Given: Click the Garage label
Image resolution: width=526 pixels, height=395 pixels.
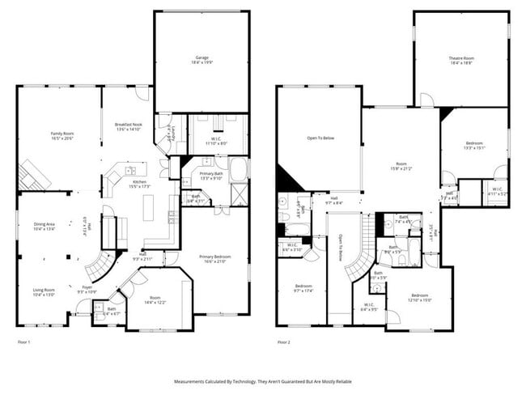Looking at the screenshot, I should (x=201, y=60).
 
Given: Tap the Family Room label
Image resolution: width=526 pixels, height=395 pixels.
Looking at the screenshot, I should (x=62, y=135).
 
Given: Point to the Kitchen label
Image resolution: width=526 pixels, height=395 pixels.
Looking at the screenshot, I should (x=140, y=185).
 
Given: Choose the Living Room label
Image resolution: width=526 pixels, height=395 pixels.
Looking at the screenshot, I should (x=44, y=292).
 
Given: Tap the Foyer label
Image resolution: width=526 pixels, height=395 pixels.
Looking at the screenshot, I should (x=86, y=289).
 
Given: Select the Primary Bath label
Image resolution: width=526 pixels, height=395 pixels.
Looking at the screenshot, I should (x=212, y=176).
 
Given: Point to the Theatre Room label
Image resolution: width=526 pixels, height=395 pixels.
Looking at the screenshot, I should (x=461, y=60).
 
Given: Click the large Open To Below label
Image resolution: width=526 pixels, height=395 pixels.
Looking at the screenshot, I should (x=320, y=138).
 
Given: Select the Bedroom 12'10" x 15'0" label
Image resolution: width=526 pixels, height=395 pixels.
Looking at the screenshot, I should (x=419, y=297).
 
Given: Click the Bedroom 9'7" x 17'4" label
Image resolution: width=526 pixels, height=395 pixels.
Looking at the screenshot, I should (x=303, y=288).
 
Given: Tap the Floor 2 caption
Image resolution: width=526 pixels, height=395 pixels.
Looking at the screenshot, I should (x=284, y=342).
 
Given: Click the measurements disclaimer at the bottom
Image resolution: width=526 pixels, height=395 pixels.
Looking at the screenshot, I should (x=262, y=380).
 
